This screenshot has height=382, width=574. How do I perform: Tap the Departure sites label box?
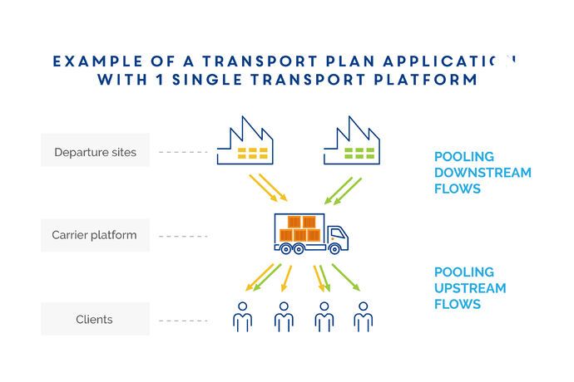95,152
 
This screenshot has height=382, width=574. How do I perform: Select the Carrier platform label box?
95,235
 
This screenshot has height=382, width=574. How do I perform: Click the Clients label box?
95,319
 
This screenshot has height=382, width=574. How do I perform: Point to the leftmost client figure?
242,316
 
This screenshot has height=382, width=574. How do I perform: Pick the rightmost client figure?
363,316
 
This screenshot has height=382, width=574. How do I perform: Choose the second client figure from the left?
284,316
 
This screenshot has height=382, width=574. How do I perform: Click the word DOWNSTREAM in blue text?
482,173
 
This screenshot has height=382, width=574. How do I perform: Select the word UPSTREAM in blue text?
470,288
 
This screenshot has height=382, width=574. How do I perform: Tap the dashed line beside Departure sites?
183,152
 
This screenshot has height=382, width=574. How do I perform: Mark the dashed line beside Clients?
183,320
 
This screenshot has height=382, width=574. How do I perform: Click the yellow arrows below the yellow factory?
268,188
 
